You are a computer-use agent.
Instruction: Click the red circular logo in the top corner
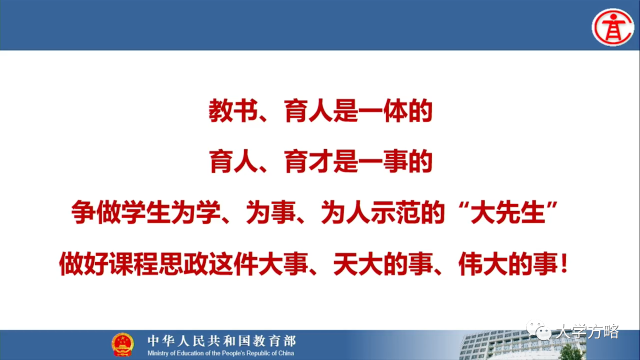click(x=613, y=27)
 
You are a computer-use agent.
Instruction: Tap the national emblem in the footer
click(x=122, y=344)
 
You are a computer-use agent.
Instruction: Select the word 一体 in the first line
click(x=383, y=111)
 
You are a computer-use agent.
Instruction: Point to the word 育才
click(x=308, y=161)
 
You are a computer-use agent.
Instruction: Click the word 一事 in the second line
click(x=383, y=161)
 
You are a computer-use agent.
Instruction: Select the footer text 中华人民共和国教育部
click(x=221, y=341)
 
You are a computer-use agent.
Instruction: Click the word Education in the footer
click(x=189, y=353)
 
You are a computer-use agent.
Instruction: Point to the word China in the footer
click(x=286, y=353)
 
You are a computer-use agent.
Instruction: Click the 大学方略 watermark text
click(x=587, y=331)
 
